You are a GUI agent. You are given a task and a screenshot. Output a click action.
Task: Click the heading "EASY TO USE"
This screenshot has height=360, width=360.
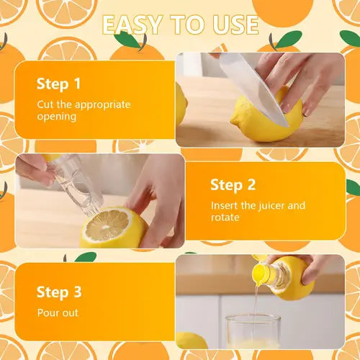(180, 25)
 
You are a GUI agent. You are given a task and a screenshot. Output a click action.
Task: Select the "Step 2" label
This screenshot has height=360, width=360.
(233, 185)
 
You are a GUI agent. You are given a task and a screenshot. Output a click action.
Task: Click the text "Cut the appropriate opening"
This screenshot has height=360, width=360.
(84, 110)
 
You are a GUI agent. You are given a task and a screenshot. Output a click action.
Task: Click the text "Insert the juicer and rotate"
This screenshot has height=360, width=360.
(258, 211)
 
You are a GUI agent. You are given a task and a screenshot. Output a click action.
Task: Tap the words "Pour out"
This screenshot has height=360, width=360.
(58, 313)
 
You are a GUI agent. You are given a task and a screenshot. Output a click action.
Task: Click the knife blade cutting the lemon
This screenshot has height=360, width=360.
(248, 83)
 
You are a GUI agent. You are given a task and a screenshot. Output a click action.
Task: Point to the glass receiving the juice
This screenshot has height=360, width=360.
(252, 335)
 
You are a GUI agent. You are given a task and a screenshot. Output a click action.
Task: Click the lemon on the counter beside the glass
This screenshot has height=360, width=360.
(192, 341)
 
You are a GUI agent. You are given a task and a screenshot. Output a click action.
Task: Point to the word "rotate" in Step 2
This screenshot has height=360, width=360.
(225, 217)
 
